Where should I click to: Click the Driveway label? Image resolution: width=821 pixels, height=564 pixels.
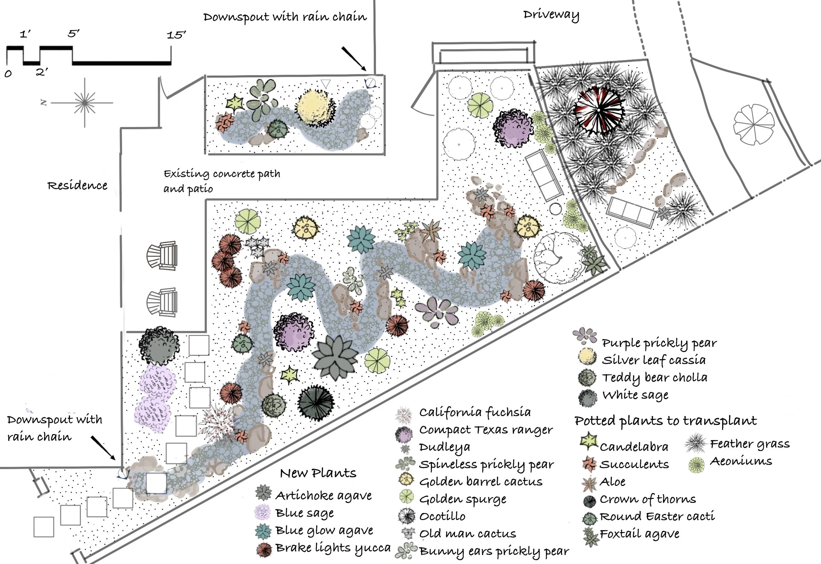click(551, 15)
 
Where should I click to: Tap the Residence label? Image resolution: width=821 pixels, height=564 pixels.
click(78, 185)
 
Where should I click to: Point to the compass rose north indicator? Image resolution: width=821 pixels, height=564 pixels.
click(44, 103)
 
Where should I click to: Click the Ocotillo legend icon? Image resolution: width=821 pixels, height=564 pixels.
click(407, 516)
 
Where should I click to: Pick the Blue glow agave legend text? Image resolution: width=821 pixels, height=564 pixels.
click(324, 530)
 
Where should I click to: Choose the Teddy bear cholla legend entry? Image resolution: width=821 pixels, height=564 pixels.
click(655, 378)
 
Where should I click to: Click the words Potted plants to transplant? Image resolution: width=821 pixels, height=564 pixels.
click(665, 421)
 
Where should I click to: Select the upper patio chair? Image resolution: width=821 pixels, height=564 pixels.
click(163, 255)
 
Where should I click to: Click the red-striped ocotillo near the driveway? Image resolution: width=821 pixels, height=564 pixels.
click(599, 111)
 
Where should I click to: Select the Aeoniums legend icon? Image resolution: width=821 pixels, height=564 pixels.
click(696, 465)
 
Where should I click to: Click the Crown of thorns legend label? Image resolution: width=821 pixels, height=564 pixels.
click(648, 499)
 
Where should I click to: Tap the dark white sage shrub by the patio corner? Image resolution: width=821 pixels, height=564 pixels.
click(159, 345)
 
